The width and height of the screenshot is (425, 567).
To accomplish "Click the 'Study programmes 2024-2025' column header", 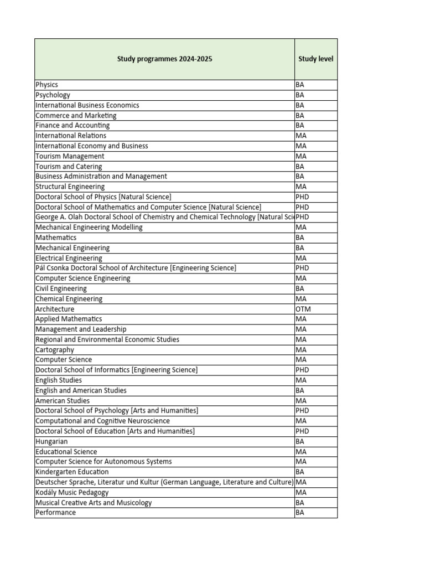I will point(164,59).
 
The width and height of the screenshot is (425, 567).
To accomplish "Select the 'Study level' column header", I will point(315,59).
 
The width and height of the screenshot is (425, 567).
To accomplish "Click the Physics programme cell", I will point(47,85).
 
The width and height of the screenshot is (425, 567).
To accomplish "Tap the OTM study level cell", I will point(303,309).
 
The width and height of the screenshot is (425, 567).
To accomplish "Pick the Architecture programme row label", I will point(55,309).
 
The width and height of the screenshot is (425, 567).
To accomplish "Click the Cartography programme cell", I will point(55,350).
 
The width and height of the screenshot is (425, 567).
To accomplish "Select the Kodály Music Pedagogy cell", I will point(72,492).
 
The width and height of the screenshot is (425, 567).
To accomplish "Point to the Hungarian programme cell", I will point(51,441).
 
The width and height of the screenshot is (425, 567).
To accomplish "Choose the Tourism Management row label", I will point(70,156).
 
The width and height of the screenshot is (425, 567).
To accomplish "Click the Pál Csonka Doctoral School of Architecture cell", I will point(136,268).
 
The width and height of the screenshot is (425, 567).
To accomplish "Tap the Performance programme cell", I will point(56,513).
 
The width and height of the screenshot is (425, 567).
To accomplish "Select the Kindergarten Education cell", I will point(72,472).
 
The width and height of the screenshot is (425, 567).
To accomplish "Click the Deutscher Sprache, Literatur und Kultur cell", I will point(164,482).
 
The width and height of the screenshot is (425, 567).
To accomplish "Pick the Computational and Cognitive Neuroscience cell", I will point(102,421).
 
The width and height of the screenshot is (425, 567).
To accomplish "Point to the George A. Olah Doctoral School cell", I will point(164,217).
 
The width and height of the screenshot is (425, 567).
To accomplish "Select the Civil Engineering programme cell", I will point(61,288).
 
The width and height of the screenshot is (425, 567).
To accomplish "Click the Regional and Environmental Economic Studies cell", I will point(107,339).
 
